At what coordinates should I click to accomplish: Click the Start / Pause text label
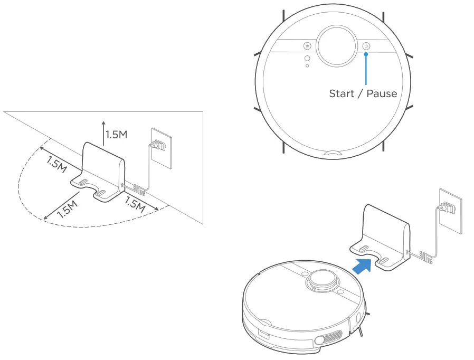coord(363,93)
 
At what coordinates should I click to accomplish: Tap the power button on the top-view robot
coord(367,46)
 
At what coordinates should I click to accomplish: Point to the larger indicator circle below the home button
coord(307,59)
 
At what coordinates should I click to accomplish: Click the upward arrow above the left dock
coord(102,132)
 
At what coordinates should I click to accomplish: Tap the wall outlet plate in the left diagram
coord(162,148)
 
